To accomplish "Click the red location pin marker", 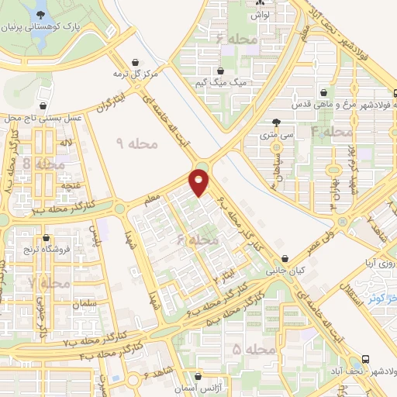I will [x=200, y=181].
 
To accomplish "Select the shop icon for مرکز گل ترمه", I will [x=137, y=63].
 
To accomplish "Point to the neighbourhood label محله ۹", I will [x=136, y=143].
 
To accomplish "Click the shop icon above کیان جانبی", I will [x=287, y=258].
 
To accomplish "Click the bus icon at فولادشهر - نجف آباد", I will [x=365, y=360].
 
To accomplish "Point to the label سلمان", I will [x=87, y=305].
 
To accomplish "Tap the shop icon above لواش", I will [x=261, y=3].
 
